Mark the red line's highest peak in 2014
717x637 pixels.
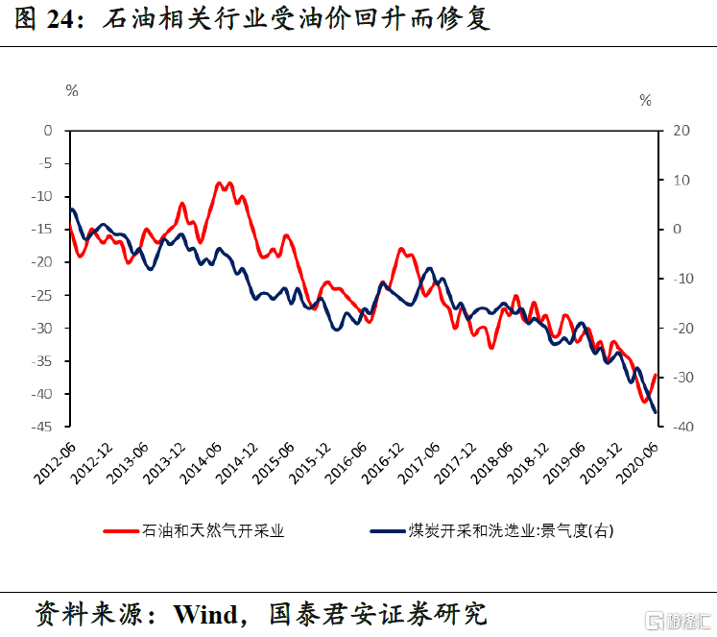tap(220, 183)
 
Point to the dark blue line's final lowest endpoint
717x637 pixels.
tap(655, 412)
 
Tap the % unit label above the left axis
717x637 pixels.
tap(72, 90)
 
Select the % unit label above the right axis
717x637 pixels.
tap(645, 100)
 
